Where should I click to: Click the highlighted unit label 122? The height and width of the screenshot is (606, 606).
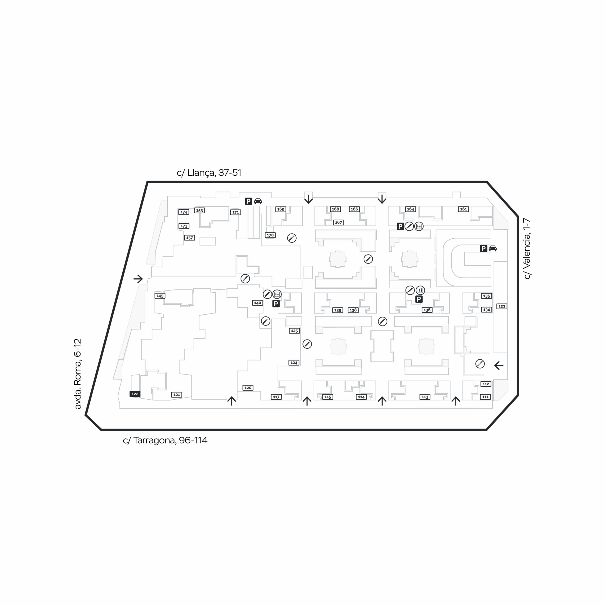pyautogui.click(x=135, y=394)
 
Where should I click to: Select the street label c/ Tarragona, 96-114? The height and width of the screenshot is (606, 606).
pyautogui.click(x=165, y=440)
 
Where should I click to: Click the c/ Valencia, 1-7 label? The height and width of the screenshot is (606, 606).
pyautogui.click(x=527, y=248)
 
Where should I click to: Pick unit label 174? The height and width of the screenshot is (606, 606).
pyautogui.click(x=184, y=212)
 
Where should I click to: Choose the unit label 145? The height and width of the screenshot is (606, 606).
pyautogui.click(x=160, y=296)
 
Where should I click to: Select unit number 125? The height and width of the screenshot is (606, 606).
pyautogui.click(x=294, y=331)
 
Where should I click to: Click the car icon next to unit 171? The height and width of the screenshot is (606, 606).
pyautogui.click(x=258, y=201)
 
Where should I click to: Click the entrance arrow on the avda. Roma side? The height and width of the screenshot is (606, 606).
pyautogui.click(x=138, y=279)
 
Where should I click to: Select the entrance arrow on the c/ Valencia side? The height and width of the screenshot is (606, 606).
pyautogui.click(x=499, y=365)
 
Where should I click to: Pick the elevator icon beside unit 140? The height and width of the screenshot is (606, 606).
pyautogui.click(x=277, y=294)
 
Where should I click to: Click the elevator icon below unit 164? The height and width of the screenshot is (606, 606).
pyautogui.click(x=419, y=226)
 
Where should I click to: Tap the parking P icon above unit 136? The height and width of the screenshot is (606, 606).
pyautogui.click(x=419, y=299)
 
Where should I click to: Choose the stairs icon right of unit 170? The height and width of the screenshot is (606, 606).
pyautogui.click(x=292, y=238)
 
